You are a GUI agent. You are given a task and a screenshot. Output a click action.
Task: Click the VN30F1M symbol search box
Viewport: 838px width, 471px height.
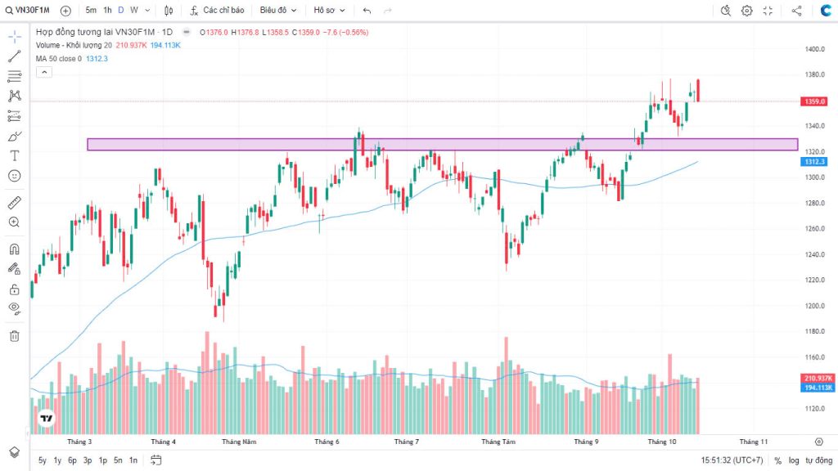31,11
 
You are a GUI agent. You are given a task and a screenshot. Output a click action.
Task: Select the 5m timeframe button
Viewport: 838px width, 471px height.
91,11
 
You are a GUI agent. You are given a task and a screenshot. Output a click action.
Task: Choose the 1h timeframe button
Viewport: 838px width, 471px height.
107,11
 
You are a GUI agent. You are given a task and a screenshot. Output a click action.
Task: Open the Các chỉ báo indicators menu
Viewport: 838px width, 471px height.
217,11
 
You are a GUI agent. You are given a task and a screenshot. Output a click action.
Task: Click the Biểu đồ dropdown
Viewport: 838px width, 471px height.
278,11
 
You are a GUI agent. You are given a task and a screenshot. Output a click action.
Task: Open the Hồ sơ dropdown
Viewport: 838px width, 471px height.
329,11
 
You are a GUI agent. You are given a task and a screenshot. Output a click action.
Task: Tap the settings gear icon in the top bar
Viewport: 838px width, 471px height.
747,11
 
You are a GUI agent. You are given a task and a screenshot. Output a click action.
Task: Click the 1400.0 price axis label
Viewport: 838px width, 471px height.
813,49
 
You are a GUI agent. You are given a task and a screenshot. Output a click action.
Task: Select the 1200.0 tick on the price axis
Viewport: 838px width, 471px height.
813,306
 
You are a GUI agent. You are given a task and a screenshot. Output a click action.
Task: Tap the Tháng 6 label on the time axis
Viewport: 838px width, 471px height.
327,442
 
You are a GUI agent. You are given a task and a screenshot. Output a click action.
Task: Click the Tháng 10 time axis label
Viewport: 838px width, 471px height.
662,442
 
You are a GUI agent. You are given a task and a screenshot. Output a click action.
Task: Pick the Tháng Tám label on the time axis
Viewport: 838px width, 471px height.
498,442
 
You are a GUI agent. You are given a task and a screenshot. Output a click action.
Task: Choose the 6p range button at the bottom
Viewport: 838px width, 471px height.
72,460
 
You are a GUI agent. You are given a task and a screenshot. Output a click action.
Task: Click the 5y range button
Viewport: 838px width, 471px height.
42,460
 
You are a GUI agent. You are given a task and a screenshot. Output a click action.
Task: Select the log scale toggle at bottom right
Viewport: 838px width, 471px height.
794,460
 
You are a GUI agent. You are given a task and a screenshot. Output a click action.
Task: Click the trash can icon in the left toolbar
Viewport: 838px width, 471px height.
14,335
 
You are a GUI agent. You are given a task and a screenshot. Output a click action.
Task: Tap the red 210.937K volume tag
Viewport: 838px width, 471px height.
818,378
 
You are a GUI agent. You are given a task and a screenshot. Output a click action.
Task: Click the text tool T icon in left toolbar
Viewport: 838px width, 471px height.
14,155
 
